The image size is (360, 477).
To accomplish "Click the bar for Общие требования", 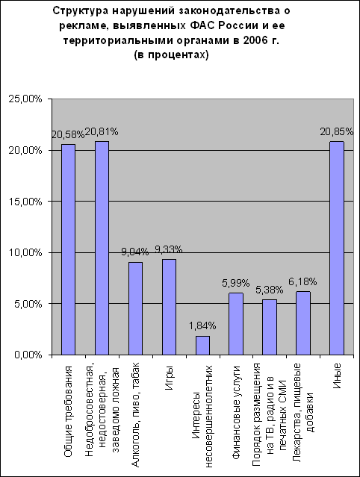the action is (68, 249).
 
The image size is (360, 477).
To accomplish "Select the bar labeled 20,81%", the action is (102, 248).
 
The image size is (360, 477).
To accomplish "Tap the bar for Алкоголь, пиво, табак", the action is (135, 308).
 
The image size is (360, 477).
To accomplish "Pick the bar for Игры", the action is (169, 307).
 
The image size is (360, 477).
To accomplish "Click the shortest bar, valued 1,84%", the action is (202, 346).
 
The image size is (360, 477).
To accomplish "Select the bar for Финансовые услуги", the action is (236, 324).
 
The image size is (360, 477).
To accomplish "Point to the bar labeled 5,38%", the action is (270, 327).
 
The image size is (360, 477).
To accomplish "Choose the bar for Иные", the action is (337, 248).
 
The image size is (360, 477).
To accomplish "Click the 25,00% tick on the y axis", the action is (25, 99).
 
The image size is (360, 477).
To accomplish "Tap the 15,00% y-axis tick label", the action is (25, 202).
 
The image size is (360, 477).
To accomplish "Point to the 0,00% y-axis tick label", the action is (28, 355).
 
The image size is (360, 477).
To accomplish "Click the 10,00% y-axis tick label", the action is (25, 252).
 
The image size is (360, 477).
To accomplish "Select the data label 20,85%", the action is (337, 131).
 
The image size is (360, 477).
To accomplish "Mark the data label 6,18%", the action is (302, 281).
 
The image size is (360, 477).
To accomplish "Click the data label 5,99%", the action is (235, 283).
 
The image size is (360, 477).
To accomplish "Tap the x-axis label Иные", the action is (337, 375).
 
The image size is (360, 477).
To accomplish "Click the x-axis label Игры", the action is (170, 377).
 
